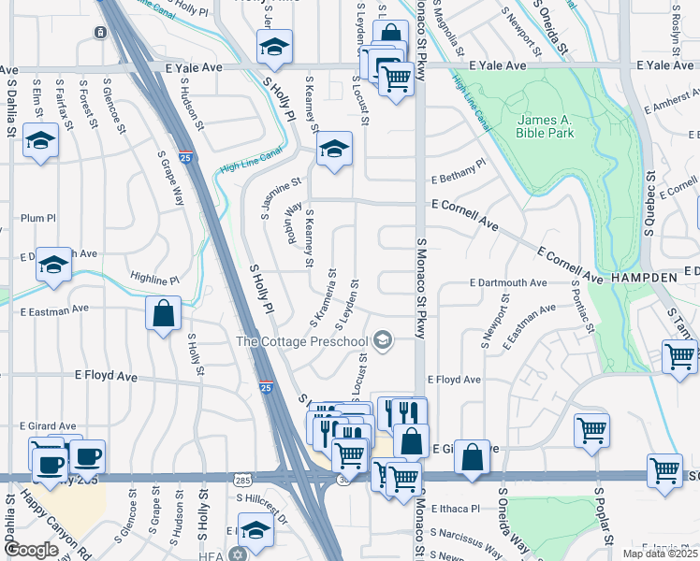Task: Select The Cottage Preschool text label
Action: tap(302, 341)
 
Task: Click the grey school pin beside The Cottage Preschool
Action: tap(382, 340)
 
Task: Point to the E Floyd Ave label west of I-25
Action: tap(106, 376)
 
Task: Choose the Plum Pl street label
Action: tap(38, 218)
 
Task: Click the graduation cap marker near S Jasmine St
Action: tap(333, 150)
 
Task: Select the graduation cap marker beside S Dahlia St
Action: tap(41, 141)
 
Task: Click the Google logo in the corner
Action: tap(31, 551)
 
